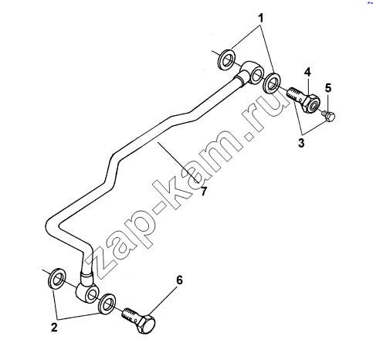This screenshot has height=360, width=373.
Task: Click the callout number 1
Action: (261, 19)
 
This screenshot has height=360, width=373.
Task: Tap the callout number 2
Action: (54, 328)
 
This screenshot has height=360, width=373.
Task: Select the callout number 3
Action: (301, 143)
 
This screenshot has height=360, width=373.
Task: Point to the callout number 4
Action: (307, 72)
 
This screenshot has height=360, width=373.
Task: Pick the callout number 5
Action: (328, 88)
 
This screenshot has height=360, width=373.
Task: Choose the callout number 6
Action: (179, 280)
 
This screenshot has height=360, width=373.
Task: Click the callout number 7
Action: (204, 191)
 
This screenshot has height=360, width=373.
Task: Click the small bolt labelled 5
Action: (328, 116)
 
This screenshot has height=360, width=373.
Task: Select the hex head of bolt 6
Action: (146, 324)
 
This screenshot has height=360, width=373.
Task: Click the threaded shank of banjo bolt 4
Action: (296, 94)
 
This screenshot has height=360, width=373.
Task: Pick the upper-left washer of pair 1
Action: (226, 59)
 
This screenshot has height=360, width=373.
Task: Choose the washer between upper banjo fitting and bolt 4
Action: (272, 83)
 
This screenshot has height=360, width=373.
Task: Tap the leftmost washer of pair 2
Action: (56, 279)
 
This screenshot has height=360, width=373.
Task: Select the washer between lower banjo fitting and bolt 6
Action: (107, 304)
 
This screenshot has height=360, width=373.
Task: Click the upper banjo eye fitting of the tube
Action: (249, 73)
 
